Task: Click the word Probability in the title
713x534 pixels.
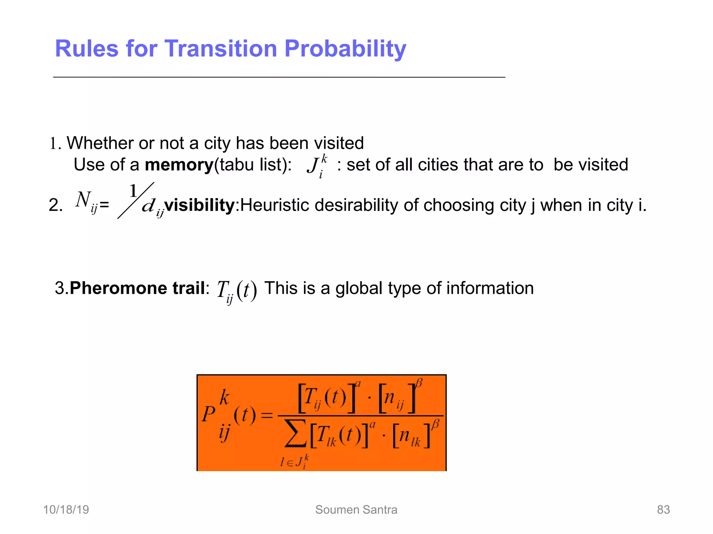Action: click(x=345, y=49)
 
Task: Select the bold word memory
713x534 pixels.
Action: click(x=179, y=165)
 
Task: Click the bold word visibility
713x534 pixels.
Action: click(x=199, y=205)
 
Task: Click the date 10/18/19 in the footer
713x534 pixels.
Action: click(x=66, y=510)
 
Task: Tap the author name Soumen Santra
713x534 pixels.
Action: click(x=356, y=510)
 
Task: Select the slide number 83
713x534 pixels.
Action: click(x=663, y=510)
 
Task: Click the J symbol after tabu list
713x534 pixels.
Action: click(x=313, y=165)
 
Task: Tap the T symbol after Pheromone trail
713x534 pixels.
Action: click(x=222, y=289)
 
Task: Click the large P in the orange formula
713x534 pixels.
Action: click(x=209, y=414)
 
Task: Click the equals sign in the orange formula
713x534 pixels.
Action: click(x=267, y=415)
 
